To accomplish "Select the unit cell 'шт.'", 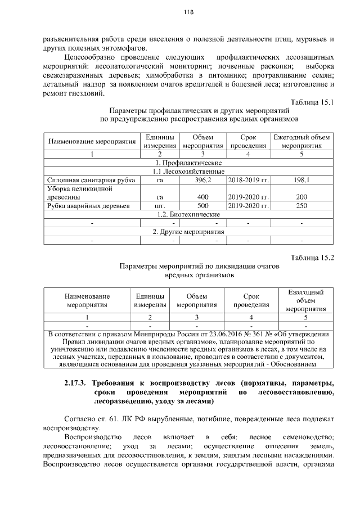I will point(159,206).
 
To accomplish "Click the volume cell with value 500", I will point(202,206).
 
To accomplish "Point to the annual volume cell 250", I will point(301,206).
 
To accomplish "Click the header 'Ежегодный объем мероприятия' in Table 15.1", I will point(301,141).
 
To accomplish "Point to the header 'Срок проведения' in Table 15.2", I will point(251,300).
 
